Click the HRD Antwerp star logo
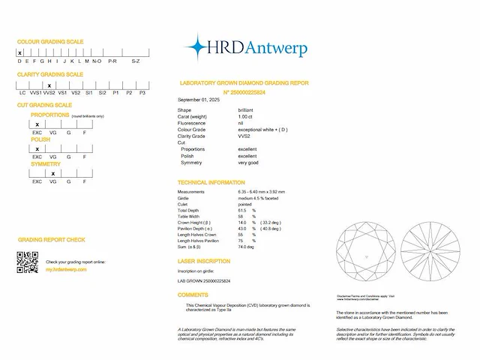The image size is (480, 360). point(196,47)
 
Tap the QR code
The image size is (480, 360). point(27,262)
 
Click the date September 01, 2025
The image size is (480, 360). point(199,100)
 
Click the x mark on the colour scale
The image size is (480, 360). point(20,53)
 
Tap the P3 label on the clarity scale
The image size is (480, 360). point(142,92)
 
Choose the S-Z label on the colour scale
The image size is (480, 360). point(136,61)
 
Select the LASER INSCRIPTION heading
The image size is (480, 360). point(203,261)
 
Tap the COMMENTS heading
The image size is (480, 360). point(193,295)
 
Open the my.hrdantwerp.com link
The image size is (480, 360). point(66,268)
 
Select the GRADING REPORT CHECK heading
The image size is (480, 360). point(51,240)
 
